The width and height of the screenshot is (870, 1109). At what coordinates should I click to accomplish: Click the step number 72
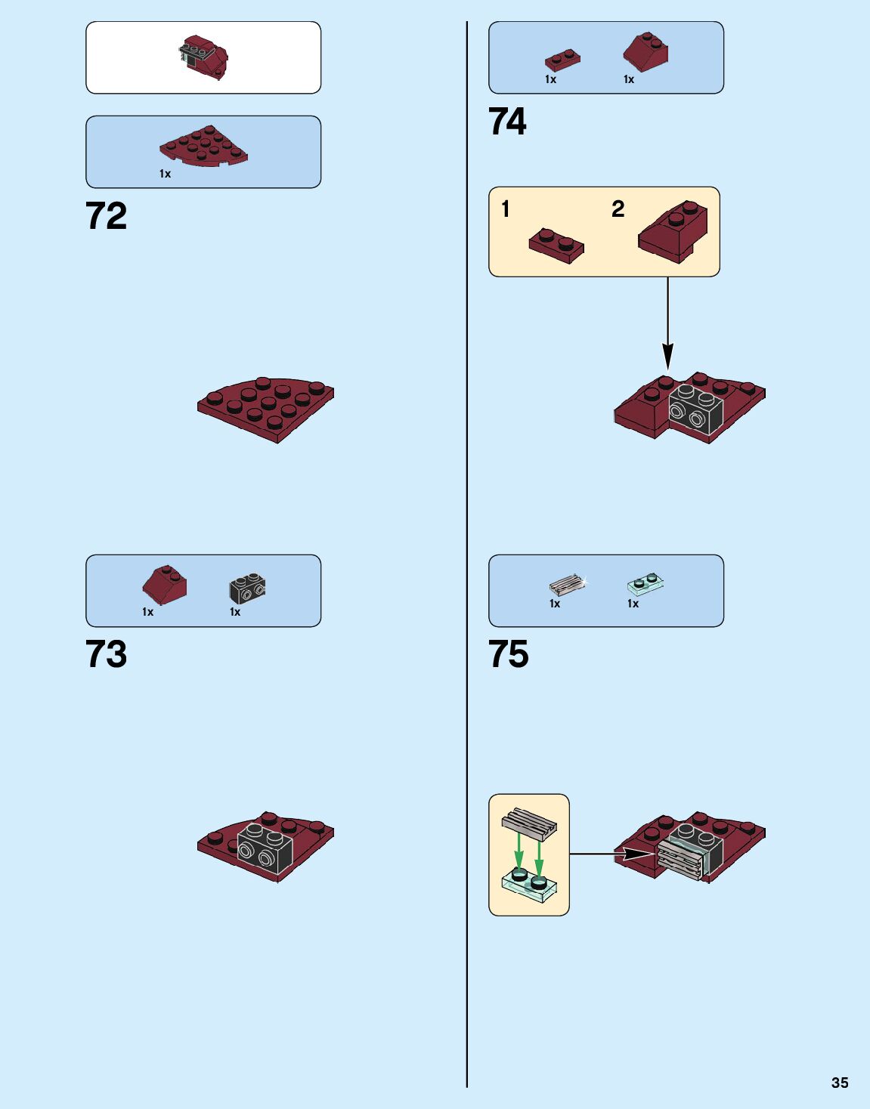coord(107,216)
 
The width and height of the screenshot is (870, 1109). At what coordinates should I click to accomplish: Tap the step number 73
coord(107,654)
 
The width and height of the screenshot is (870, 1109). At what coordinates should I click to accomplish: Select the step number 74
coord(507,122)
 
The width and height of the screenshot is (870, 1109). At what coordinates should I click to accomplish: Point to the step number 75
coord(509,654)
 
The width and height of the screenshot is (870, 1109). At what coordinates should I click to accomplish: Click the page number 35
coord(840,1083)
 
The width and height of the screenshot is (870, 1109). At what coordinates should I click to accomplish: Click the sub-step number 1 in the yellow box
coord(506,209)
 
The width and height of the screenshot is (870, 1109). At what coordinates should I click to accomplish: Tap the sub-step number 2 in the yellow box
coord(618,209)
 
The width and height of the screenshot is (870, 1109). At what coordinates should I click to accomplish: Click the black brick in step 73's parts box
coord(247,588)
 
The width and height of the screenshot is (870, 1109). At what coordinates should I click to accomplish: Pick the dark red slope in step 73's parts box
coord(165,585)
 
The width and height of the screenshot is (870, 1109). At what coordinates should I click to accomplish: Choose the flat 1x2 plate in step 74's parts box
coord(563,60)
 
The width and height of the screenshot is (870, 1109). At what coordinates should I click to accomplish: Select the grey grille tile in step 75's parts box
coord(567,585)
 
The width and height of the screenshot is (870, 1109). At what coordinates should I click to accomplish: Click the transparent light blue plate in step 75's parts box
coord(646,583)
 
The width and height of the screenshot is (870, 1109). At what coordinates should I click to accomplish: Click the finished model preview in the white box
coord(204,57)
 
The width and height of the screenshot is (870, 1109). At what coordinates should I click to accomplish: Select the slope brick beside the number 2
coord(673,231)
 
